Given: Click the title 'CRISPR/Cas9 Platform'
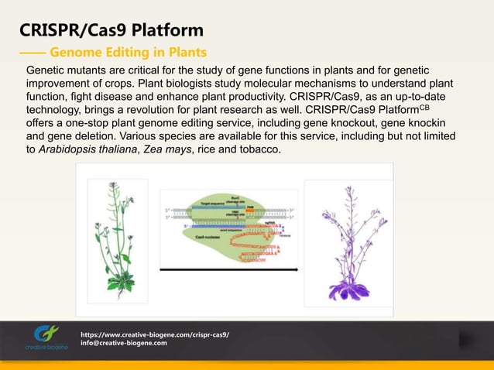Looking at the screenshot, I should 111,30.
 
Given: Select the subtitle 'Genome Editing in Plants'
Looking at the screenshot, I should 128,53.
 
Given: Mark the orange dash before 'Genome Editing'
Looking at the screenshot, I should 32,53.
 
